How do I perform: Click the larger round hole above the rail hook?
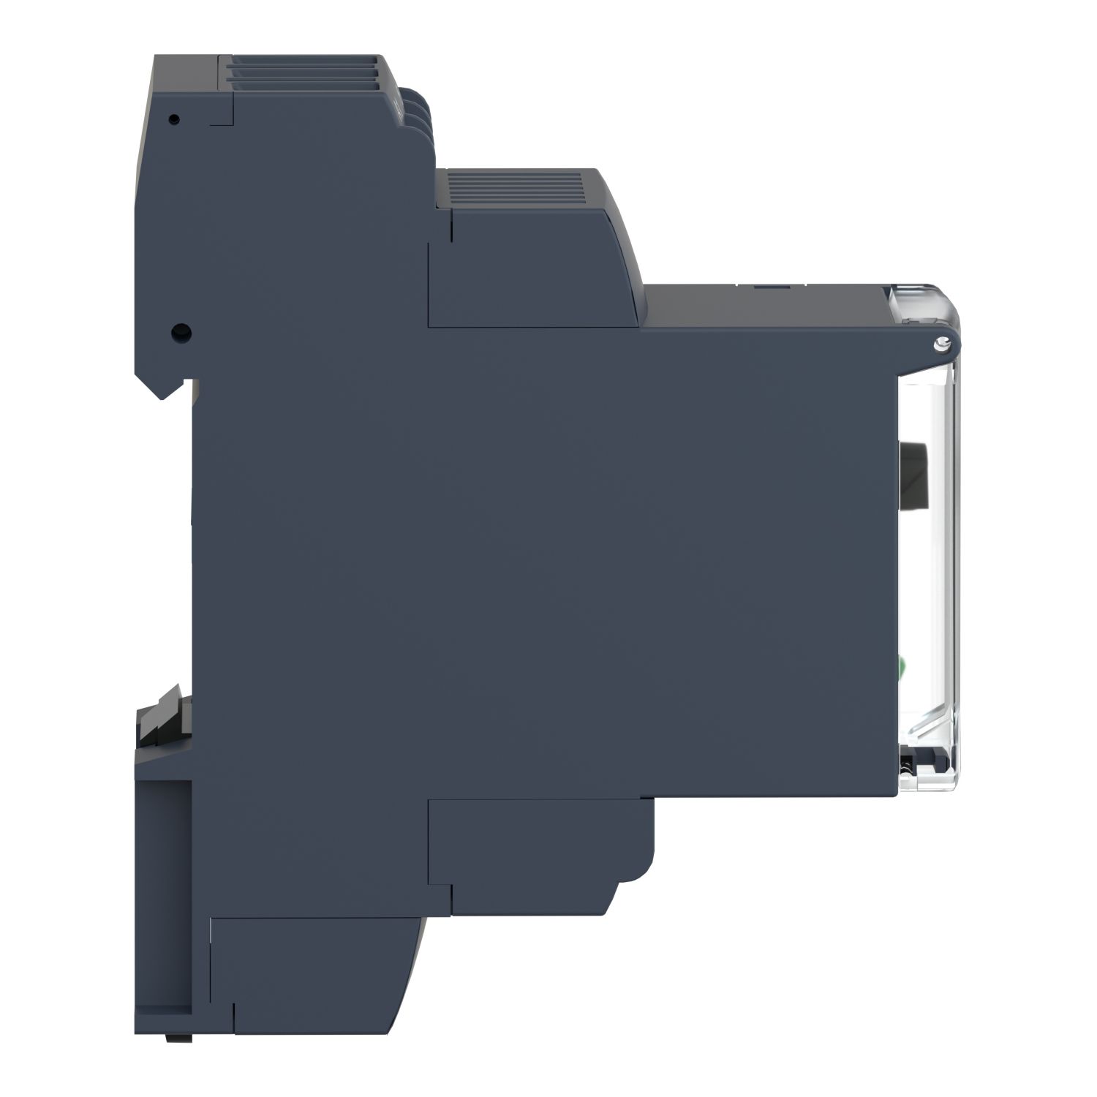(178, 333)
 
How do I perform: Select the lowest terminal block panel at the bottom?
(314, 965)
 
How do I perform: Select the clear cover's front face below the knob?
(943, 585)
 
